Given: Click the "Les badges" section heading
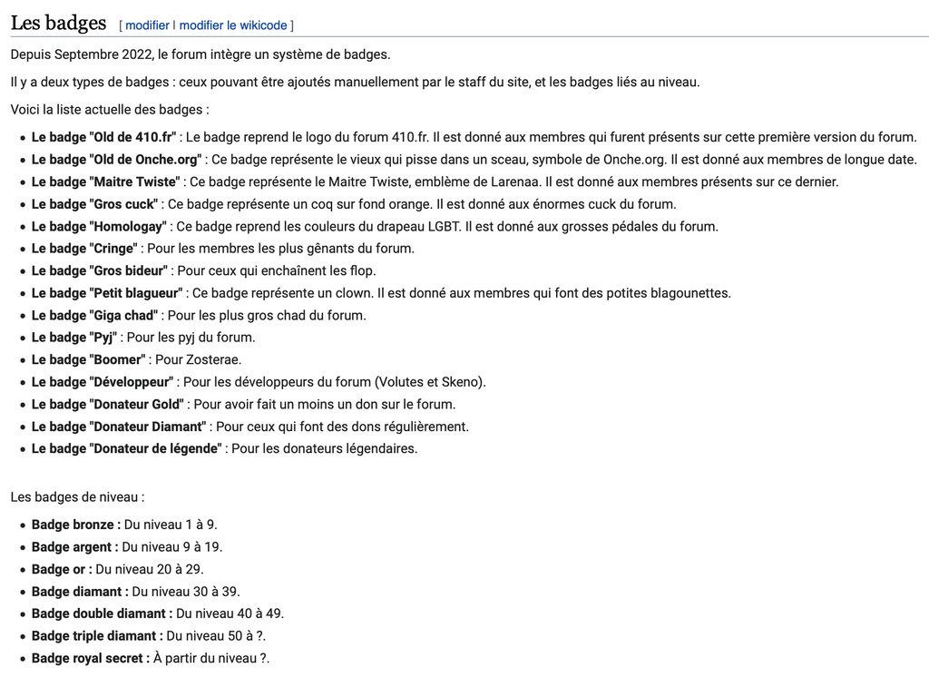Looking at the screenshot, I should pyautogui.click(x=58, y=23).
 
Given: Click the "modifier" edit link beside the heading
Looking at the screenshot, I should pyautogui.click(x=147, y=25).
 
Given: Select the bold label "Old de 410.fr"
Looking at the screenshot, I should pyautogui.click(x=103, y=137).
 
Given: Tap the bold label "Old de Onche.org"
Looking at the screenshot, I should pyautogui.click(x=116, y=160).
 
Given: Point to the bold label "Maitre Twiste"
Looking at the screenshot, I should pyautogui.click(x=106, y=182).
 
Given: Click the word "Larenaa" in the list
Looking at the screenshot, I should pyautogui.click(x=515, y=182).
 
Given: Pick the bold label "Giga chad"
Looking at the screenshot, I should pyautogui.click(x=95, y=316).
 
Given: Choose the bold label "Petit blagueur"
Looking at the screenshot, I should pyautogui.click(x=108, y=293).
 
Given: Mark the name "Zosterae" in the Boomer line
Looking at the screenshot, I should pyautogui.click(x=213, y=359).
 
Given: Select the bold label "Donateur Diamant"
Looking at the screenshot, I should pyautogui.click(x=119, y=427).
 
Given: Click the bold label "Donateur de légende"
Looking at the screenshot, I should pyautogui.click(x=126, y=448).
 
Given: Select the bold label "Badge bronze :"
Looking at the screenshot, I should pyautogui.click(x=75, y=525).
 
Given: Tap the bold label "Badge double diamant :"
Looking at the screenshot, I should pyautogui.click(x=102, y=613).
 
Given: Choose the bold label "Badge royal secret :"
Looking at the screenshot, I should pyautogui.click(x=90, y=658).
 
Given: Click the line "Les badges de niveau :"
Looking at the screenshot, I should pyautogui.click(x=77, y=497).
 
